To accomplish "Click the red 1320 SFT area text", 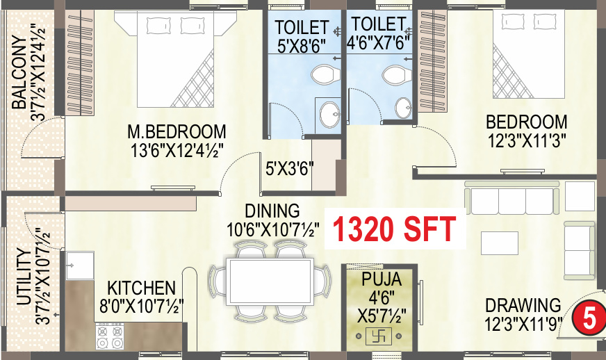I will (x=394, y=228).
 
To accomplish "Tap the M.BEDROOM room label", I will (x=177, y=131).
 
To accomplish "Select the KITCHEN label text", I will (x=140, y=288).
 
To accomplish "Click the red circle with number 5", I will (x=588, y=319).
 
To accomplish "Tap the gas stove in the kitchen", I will (x=110, y=337).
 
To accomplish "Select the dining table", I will (x=269, y=280).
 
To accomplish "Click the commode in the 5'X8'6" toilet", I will (x=322, y=74).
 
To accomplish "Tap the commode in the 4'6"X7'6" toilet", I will (x=393, y=75).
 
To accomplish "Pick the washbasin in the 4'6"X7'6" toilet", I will (x=403, y=108).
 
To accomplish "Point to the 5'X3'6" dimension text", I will (x=290, y=168).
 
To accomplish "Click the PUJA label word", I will (x=382, y=280).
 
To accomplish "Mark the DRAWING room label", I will (x=523, y=305).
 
